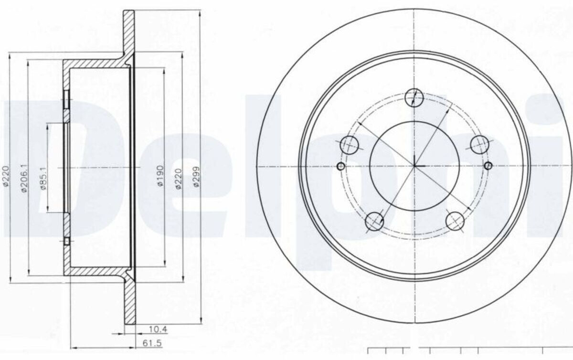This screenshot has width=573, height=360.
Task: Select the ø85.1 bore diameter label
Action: (x=43, y=179)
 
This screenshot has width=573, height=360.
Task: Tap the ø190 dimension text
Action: (x=160, y=176)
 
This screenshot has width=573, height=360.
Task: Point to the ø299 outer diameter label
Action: (x=196, y=177)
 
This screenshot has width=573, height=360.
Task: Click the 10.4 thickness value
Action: (x=159, y=329)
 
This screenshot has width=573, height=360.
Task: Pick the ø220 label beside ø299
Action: (x=178, y=179)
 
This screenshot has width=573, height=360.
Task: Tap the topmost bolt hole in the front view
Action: (x=414, y=98)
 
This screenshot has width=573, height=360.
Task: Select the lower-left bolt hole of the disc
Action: (x=374, y=222)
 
